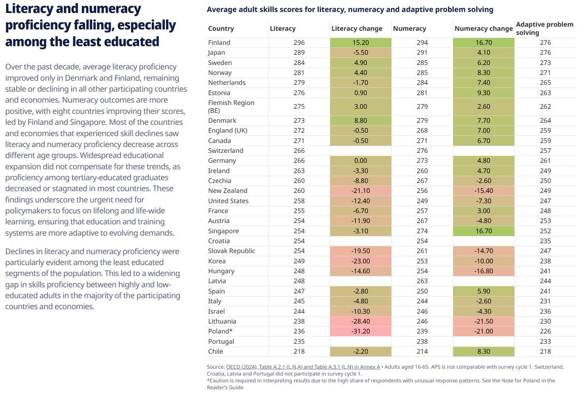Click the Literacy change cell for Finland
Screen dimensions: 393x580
[360, 43]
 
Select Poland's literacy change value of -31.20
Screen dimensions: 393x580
[360, 331]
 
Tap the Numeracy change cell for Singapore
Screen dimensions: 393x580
[484, 231]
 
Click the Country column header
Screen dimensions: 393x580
[221, 29]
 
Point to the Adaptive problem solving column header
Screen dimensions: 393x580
[545, 28]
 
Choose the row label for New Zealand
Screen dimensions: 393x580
[228, 191]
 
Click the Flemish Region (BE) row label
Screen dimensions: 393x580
[231, 106]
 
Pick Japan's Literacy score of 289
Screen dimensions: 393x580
[299, 52]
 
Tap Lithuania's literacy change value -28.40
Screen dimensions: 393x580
[360, 321]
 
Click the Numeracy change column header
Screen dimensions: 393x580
[483, 29]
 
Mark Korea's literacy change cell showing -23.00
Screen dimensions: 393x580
[360, 261]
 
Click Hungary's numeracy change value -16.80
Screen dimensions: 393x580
[484, 271]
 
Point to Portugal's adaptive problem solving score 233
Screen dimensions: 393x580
[545, 341]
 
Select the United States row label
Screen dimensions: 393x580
[228, 201]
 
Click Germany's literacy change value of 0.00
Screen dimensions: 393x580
[360, 161]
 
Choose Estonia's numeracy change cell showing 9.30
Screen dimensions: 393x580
[484, 92]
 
